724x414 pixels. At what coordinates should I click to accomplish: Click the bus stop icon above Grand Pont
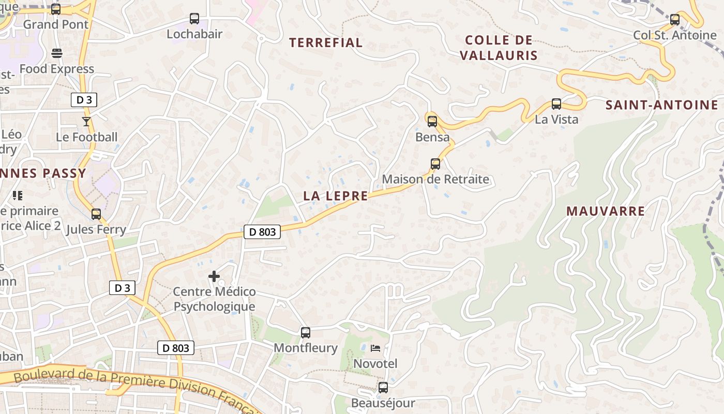coord(56,9)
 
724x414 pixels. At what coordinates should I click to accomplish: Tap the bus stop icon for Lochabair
coord(194,19)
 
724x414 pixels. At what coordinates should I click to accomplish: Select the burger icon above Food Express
coord(57,53)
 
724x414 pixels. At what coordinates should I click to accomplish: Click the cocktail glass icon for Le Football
coord(86,122)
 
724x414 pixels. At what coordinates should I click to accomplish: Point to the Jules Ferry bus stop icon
coord(96,214)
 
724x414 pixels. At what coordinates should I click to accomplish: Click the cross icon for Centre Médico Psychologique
coord(214,276)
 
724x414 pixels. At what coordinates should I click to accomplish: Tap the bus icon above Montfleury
coord(306,332)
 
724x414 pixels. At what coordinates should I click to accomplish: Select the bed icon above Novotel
coord(375,348)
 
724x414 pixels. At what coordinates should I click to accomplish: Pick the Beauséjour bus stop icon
coord(383,387)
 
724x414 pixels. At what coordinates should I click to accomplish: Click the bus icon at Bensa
coord(432,122)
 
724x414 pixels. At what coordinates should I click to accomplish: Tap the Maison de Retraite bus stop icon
coord(435,164)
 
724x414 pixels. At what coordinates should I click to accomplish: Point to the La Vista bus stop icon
coord(556,104)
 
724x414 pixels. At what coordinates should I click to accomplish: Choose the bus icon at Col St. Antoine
coord(675,20)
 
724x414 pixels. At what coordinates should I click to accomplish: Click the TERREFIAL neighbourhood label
coord(326,43)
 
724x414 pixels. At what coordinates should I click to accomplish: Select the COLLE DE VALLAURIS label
coord(499,48)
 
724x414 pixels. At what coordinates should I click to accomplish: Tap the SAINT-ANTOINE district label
coord(662,105)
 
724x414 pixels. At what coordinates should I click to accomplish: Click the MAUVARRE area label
coord(606,211)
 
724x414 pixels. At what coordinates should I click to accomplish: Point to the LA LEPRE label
coord(336,196)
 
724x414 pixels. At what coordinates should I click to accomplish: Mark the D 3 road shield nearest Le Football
coord(84,100)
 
